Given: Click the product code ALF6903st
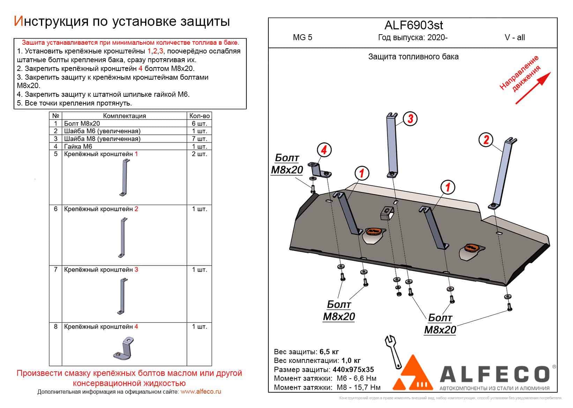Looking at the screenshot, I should (414, 25).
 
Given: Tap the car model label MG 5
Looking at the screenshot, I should (303, 38).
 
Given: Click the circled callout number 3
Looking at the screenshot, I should (410, 119).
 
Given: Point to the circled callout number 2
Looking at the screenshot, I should (486, 140).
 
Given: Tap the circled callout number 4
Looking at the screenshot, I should (324, 150).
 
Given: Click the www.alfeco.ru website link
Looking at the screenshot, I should (201, 392).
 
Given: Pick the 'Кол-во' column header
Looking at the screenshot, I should (200, 116).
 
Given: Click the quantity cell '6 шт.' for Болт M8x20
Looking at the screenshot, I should (200, 124).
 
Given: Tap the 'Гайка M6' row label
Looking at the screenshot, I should (78, 146).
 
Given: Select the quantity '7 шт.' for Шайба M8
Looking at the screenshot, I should (200, 139).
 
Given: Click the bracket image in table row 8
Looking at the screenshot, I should (125, 348).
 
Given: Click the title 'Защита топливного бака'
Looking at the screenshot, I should (413, 57).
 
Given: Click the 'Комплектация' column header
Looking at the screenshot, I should (125, 116).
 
